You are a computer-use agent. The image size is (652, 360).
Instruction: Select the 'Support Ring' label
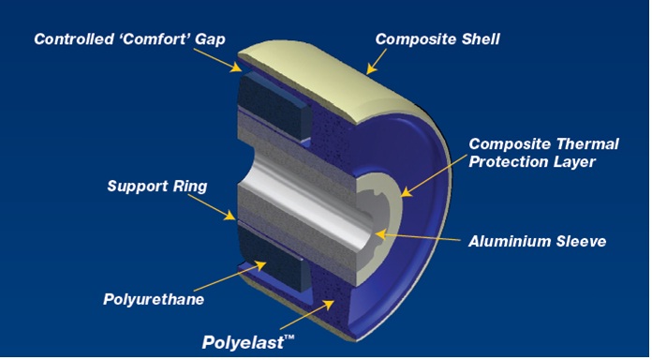pos(156,187)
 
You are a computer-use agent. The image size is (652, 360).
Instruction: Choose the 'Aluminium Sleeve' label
pos(538,241)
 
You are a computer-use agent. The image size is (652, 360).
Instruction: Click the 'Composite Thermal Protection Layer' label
pos(543,153)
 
